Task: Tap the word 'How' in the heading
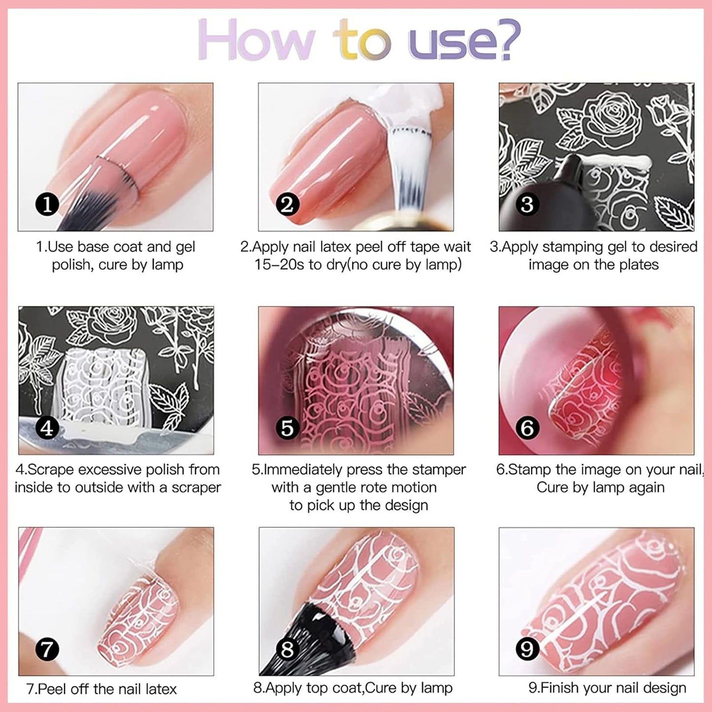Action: [x=256, y=40]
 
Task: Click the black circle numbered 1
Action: [x=47, y=204]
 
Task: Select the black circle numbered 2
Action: [x=287, y=204]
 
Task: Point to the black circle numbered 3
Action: [x=527, y=204]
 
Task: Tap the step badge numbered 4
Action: [x=47, y=428]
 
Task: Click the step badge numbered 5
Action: [x=287, y=428]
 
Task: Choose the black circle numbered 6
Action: [x=527, y=428]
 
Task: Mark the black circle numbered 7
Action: [x=47, y=649]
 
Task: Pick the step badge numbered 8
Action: [x=287, y=649]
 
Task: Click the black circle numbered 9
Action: [x=527, y=649]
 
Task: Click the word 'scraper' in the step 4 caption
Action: [x=196, y=488]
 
